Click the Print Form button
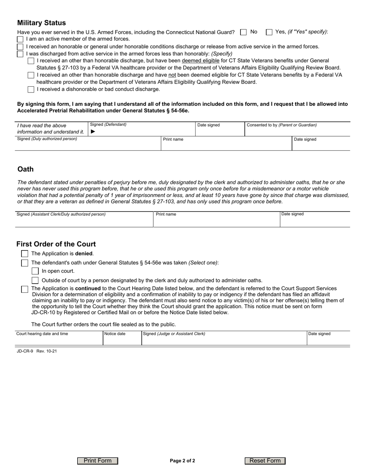point(98,461)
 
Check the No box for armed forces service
point(243,32)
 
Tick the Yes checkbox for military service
point(269,32)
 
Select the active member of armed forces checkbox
point(20,39)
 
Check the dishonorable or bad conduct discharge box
point(31,89)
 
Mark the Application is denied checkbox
point(25,254)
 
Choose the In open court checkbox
point(35,271)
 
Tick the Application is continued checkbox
point(25,289)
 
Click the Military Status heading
point(41,23)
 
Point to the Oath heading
point(25,169)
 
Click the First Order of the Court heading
point(56,244)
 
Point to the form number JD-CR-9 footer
point(37,351)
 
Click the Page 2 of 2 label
point(182,461)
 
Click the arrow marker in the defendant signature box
point(93,132)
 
